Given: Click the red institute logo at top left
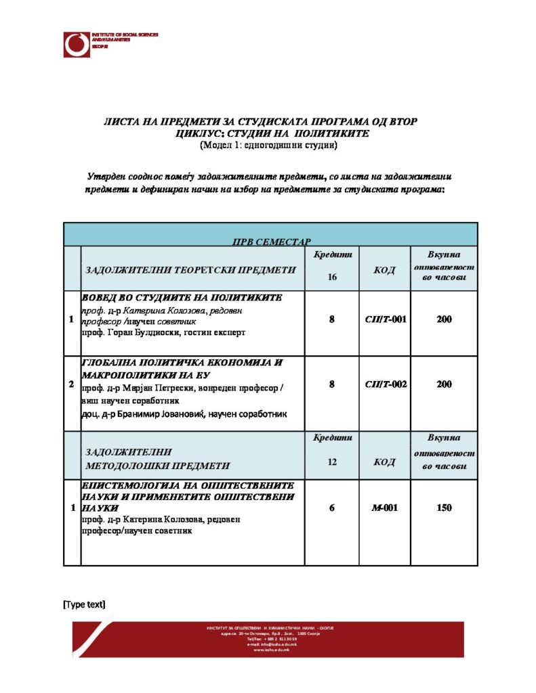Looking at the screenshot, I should [x=77, y=44].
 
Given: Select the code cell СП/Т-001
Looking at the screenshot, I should [x=386, y=319].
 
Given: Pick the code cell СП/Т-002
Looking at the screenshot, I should [x=386, y=384].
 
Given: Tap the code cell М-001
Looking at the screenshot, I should [x=386, y=508].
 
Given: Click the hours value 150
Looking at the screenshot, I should [x=444, y=508].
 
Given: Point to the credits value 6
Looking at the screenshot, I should [x=332, y=508].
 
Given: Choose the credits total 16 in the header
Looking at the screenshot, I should [x=332, y=276].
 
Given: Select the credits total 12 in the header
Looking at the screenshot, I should [x=332, y=462].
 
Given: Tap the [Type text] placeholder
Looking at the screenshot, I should [x=84, y=604].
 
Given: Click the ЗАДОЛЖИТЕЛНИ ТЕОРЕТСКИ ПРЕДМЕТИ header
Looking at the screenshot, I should [x=190, y=270].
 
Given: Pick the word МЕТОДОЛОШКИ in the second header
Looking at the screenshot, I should [x=129, y=466].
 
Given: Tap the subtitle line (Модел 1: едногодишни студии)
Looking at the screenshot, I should [x=269, y=145].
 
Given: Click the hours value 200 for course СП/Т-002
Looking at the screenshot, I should [x=444, y=384].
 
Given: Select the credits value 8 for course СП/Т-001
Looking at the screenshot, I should [x=332, y=319].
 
